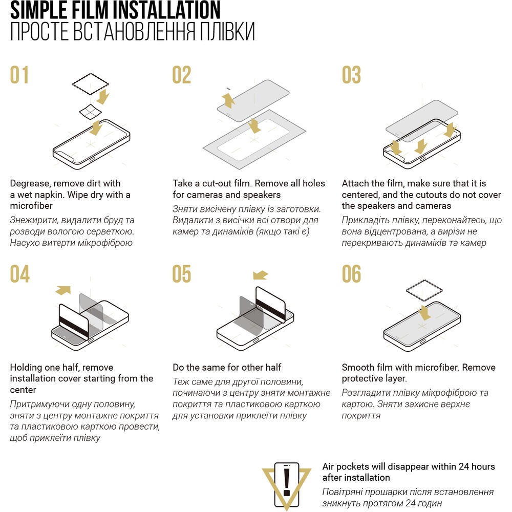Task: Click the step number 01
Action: (19, 75)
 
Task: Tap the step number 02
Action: (182, 75)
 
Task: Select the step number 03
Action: (351, 75)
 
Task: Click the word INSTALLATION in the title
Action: (168, 10)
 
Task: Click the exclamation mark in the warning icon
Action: (287, 482)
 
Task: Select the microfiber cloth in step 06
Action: (424, 290)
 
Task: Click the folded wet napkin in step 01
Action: (91, 112)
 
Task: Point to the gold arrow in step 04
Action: (63, 290)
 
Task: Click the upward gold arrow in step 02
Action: (228, 100)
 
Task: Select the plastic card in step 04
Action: (74, 321)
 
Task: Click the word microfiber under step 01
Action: (31, 206)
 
